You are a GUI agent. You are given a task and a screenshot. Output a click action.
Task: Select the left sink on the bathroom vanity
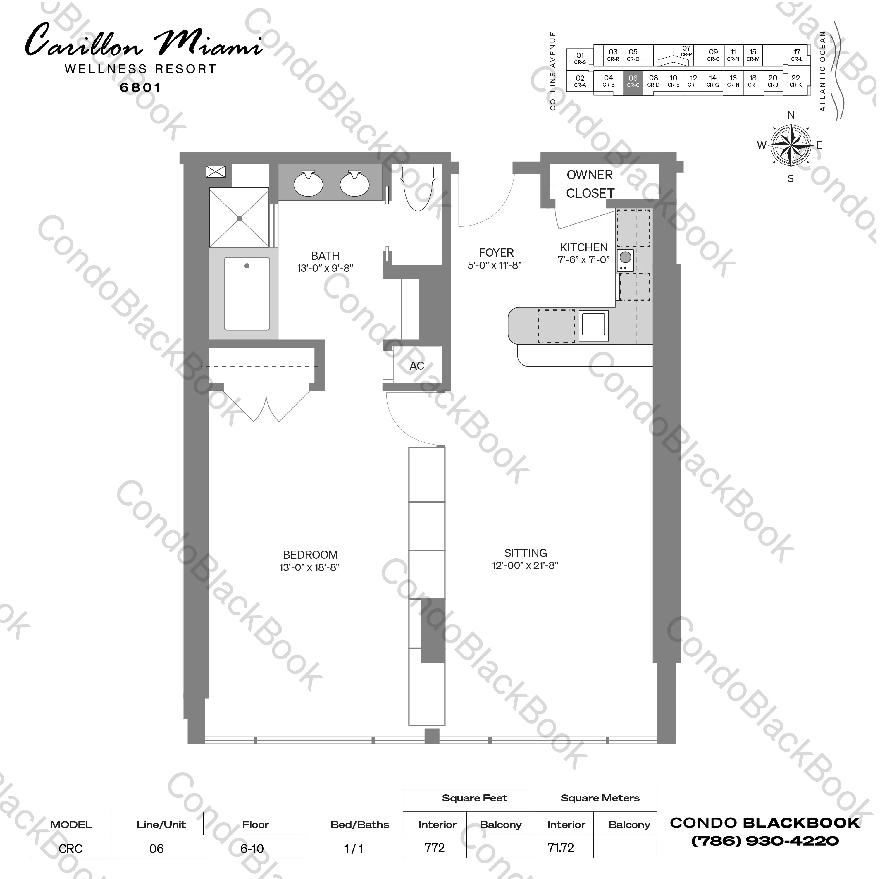(x=308, y=183)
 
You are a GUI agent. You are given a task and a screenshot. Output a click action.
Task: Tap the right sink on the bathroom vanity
(x=354, y=183)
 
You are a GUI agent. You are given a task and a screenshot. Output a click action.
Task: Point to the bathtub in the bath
(x=247, y=294)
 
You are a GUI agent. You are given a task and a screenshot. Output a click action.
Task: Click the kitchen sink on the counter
(x=593, y=325)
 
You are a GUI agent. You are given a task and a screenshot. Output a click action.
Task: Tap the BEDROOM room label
(x=310, y=555)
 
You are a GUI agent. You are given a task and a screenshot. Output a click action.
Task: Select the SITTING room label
(x=525, y=553)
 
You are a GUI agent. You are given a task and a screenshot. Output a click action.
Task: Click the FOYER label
(x=496, y=252)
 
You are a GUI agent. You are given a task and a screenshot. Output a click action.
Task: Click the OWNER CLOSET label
(x=590, y=184)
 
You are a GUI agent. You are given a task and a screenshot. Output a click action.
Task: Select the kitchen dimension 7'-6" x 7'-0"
(x=583, y=260)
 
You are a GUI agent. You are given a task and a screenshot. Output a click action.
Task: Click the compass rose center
(x=791, y=145)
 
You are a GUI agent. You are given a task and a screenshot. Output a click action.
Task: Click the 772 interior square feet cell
(x=435, y=848)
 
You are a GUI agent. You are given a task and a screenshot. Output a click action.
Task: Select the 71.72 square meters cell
(x=561, y=848)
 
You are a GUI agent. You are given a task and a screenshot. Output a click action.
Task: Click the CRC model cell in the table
(x=70, y=849)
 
